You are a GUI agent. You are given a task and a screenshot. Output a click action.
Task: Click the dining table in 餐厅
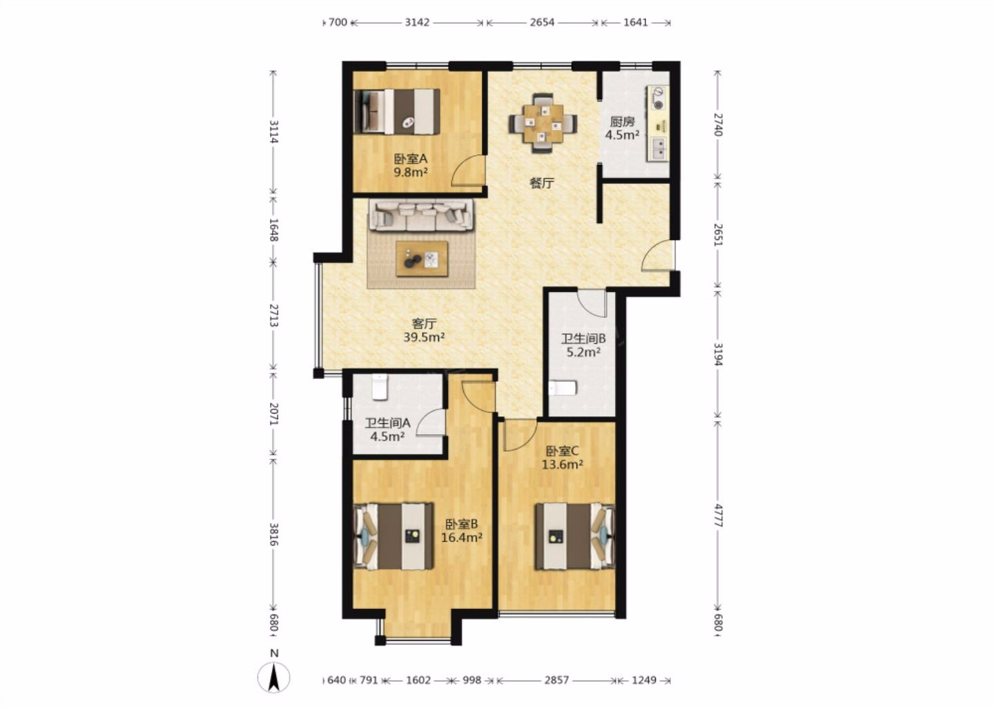tap(543, 123)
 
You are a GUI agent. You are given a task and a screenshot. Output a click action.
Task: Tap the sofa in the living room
tap(421, 215)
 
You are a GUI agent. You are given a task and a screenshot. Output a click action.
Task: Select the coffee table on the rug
tap(422, 259)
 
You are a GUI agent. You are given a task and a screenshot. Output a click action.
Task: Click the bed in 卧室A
tap(397, 111)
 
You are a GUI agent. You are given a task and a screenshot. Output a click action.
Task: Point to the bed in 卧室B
tap(393, 536)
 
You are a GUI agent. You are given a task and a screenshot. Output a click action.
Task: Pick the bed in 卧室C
tap(575, 536)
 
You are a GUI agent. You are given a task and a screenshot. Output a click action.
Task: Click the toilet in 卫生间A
tap(380, 387)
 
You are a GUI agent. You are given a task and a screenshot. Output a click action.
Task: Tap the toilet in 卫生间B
tap(562, 387)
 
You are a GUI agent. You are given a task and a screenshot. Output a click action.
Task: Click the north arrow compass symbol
tap(274, 677)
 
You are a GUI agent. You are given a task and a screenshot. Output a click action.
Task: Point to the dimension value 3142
tap(417, 22)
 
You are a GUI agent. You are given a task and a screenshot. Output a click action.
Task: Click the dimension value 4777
tap(719, 515)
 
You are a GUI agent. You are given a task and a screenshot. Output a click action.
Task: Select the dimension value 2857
tap(556, 680)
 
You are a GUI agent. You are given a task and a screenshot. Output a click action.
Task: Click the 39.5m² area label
tap(425, 338)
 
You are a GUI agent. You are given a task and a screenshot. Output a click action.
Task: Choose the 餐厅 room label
tap(543, 183)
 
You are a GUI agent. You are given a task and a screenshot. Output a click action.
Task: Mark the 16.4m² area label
tap(462, 537)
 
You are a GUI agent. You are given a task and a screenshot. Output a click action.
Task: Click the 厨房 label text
tap(622, 122)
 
